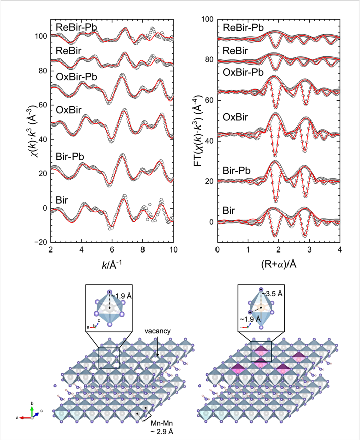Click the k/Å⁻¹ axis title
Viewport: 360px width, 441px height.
(x=112, y=264)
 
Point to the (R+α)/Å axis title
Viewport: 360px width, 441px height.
(x=278, y=264)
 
